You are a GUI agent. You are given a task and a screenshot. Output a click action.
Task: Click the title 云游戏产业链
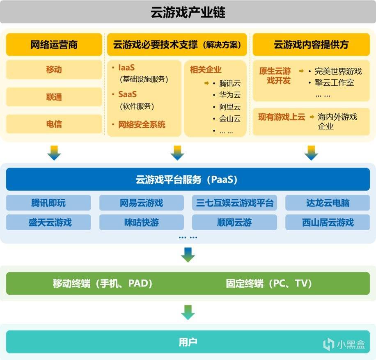point(188,12)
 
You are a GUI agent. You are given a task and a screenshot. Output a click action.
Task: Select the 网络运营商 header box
point(54,45)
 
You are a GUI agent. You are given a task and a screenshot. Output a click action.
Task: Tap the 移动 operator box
point(54,69)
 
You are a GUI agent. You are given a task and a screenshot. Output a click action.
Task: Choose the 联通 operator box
point(54,97)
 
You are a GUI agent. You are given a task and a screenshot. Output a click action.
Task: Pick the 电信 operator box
point(54,124)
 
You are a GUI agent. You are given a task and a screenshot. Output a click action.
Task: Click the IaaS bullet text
point(126,68)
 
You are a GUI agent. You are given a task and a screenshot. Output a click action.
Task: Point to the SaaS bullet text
point(127,94)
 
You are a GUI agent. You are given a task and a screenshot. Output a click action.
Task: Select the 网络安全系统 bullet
point(142,124)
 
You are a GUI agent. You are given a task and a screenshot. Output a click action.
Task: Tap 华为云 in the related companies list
point(230,95)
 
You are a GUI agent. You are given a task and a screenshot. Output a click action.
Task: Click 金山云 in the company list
point(230,119)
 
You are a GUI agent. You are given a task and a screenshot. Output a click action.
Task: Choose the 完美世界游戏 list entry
point(338,71)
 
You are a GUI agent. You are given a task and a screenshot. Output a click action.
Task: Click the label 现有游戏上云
point(282,117)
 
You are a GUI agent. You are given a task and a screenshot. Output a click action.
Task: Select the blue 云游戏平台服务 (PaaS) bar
point(188,179)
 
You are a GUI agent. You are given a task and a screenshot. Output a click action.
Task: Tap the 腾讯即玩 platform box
point(48,203)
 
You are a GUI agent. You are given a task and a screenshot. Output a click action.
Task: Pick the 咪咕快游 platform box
point(142,222)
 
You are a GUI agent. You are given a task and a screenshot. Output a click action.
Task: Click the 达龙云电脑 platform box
point(328,203)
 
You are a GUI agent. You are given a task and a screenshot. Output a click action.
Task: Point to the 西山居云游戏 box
point(328,222)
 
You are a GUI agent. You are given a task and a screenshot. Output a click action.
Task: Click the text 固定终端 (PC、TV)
point(269,284)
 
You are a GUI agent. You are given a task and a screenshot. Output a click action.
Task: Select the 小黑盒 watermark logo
point(344,344)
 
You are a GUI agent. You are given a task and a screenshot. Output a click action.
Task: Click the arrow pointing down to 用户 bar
point(188,312)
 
